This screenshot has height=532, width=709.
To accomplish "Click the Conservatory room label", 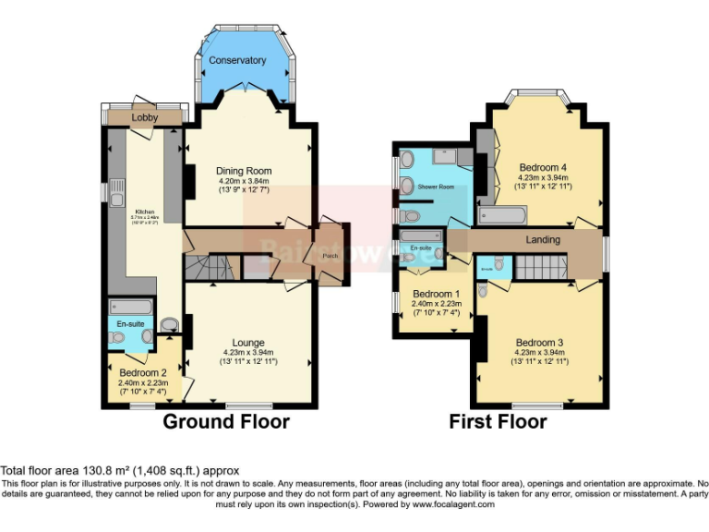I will tap(237, 61).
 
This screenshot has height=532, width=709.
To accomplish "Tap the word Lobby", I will tap(145, 118).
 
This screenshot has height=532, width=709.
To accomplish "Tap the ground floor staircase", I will tap(210, 269).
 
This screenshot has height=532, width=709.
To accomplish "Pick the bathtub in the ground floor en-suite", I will tap(128, 308).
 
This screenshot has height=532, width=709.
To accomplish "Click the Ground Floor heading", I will tap(226, 422).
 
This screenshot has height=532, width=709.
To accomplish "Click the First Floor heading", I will tap(498, 422).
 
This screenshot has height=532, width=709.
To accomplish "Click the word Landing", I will tap(543, 240).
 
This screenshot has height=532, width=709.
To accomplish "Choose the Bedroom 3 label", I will tap(540, 342).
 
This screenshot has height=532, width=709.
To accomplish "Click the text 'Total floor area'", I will tap(42, 470).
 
